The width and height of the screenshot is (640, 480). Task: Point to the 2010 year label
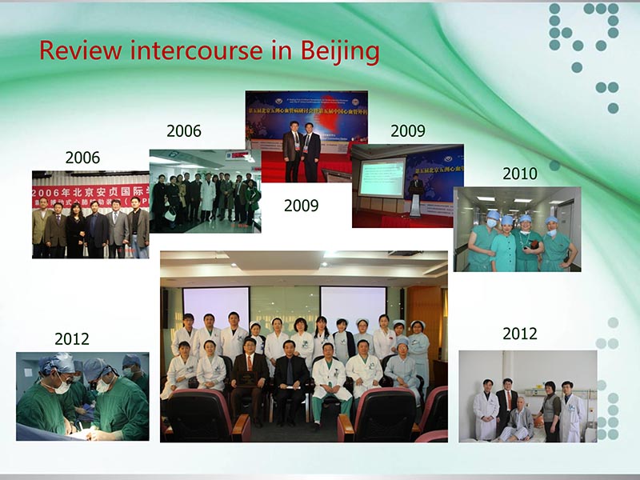[520, 174]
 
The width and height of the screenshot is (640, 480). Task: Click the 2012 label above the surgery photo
[72, 339]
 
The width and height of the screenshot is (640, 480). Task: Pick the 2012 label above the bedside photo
[520, 334]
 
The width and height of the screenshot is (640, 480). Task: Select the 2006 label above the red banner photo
[82, 158]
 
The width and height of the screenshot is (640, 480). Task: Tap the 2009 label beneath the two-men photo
[302, 206]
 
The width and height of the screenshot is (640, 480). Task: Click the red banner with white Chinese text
[90, 193]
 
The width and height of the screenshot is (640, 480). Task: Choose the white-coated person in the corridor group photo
[208, 196]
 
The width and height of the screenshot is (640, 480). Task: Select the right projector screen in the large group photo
[354, 304]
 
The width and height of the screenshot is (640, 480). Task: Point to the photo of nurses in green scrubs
[517, 229]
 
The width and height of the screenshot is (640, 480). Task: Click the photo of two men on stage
[301, 136]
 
